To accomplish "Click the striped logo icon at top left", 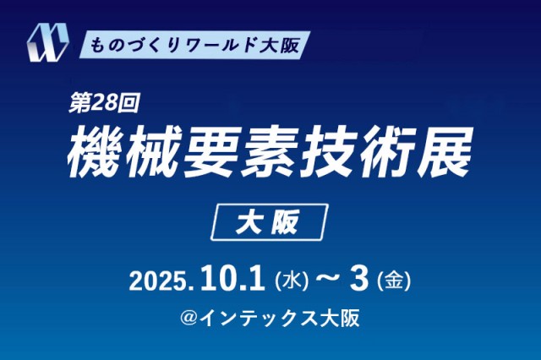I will coord(47,42).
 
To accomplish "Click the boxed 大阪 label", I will coord(270,222).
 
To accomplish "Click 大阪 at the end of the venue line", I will coord(337,318).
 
